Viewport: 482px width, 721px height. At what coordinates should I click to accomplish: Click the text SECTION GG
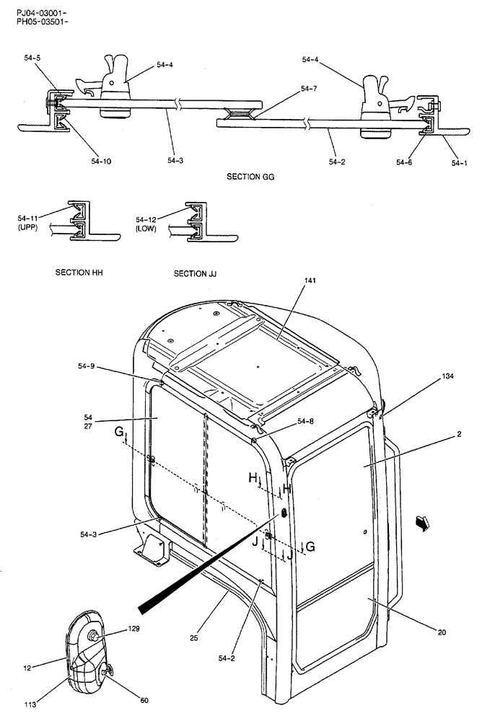click(x=250, y=176)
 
